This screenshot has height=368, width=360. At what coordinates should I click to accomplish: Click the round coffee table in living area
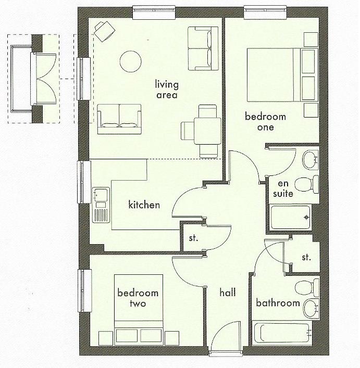coord(131,62)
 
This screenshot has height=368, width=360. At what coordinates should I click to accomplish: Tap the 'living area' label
coord(167,90)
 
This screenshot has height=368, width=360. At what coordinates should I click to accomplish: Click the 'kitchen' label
coord(144,205)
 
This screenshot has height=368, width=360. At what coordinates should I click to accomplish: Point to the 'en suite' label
coord(282,188)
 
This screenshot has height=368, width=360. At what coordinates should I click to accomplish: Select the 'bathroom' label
coord(278,303)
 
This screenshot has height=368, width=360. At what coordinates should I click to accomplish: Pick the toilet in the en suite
coord(306,184)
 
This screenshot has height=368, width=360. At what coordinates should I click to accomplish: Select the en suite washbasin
coord(311,159)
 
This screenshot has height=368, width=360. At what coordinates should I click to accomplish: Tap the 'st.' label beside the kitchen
coord(194,238)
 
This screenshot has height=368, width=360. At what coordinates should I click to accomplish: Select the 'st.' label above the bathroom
coord(306,257)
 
